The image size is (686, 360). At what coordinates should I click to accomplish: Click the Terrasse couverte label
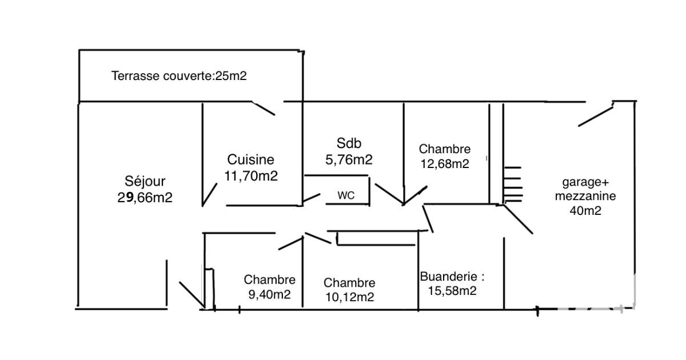click(179, 75)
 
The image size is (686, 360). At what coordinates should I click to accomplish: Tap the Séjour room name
click(145, 182)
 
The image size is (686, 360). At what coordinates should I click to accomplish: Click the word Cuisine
click(250, 160)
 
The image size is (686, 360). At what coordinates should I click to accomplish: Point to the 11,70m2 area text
click(251, 176)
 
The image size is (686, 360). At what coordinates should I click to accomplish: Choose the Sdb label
click(349, 143)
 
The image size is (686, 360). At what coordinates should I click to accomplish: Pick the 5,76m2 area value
click(349, 160)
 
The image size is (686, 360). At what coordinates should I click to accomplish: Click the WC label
click(345, 195)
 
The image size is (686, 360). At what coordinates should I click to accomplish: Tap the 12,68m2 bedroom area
click(444, 164)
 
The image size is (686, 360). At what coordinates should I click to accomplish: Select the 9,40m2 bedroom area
click(269, 295)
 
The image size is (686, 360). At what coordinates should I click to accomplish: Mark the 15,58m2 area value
click(452, 291)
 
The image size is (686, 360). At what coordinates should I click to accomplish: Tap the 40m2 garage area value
click(584, 210)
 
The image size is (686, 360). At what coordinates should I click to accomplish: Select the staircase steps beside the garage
click(512, 184)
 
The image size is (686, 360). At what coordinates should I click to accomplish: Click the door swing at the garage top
click(596, 114)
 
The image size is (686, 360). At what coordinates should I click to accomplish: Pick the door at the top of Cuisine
click(264, 108)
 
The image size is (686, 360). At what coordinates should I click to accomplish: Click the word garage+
click(586, 182)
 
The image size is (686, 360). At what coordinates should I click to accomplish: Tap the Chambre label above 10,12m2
click(349, 283)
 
